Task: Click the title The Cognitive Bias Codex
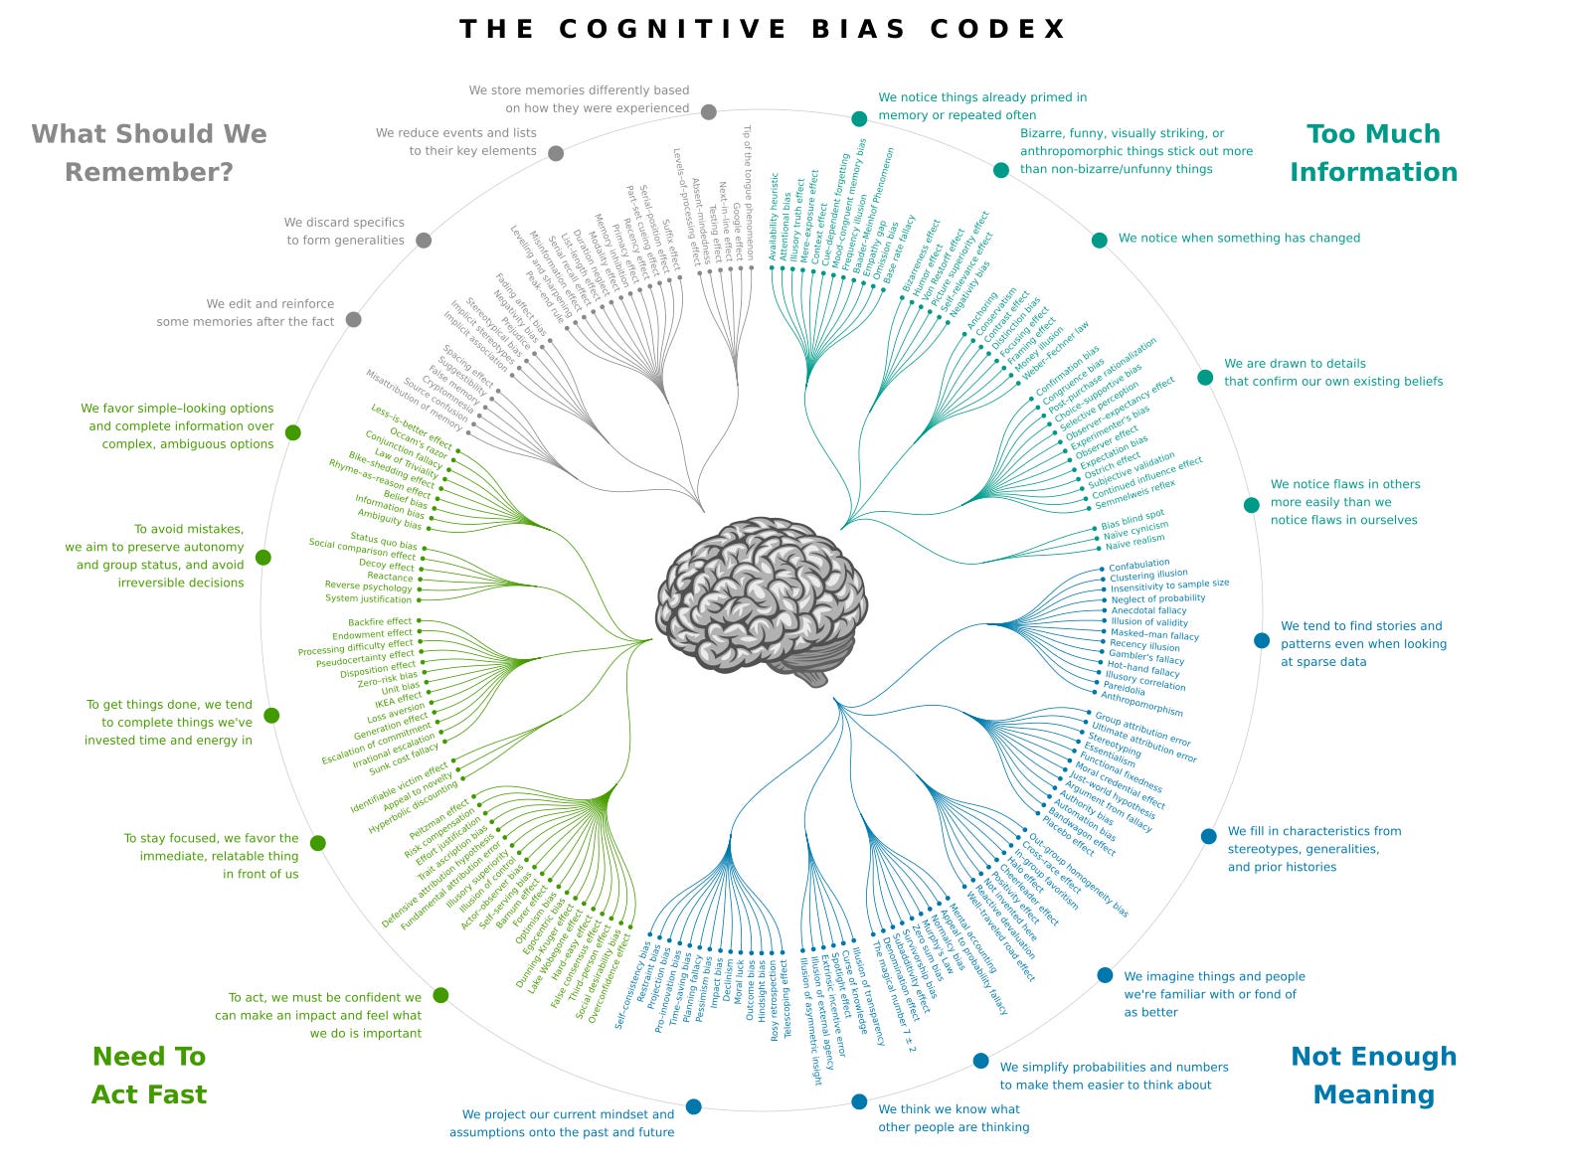(763, 29)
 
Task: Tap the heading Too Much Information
(1373, 153)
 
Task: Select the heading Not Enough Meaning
(1373, 1075)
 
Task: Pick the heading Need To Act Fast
(149, 1075)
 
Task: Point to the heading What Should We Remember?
(149, 153)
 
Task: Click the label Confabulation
(1139, 565)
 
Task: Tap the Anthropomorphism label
(1141, 704)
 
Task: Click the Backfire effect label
(380, 622)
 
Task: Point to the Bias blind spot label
(1133, 519)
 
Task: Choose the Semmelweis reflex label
(1134, 490)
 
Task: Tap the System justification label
(368, 599)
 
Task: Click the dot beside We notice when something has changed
(1099, 240)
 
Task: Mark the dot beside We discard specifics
(424, 240)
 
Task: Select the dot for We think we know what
(859, 1101)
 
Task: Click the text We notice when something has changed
(1239, 239)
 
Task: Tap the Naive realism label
(1134, 543)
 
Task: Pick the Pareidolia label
(1124, 688)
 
